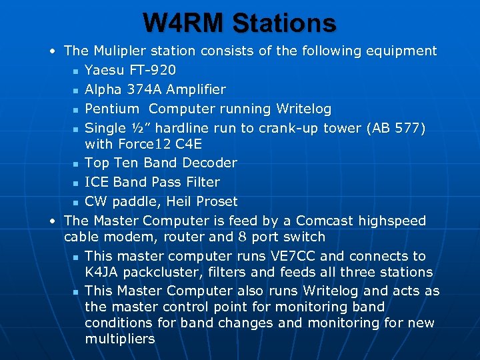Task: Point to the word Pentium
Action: coord(112,109)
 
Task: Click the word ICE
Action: coord(97,182)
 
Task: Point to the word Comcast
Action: coord(325,221)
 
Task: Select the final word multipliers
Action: coord(120,339)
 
